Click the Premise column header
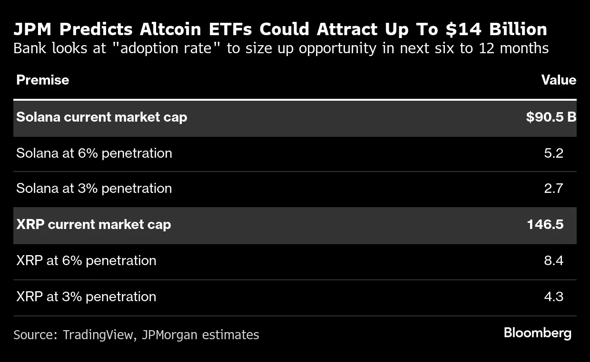click(x=42, y=80)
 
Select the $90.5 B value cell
click(x=551, y=117)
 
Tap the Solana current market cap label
click(x=101, y=117)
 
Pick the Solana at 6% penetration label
click(x=94, y=153)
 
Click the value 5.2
click(x=553, y=153)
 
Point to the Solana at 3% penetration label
click(x=94, y=188)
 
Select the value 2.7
click(x=553, y=188)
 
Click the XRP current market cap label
click(x=93, y=224)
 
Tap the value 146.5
click(x=545, y=224)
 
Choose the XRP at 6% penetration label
click(x=86, y=260)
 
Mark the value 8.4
click(x=553, y=260)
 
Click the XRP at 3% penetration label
click(x=86, y=296)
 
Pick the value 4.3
click(x=553, y=296)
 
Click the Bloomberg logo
click(x=537, y=333)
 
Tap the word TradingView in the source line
click(x=98, y=335)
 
